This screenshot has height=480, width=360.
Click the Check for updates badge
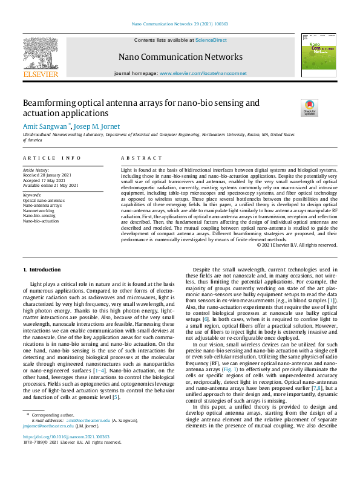pos(309,108)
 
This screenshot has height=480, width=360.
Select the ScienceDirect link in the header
pos(211,39)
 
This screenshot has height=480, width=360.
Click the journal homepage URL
pos(203,73)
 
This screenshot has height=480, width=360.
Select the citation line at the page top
pos(180,25)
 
